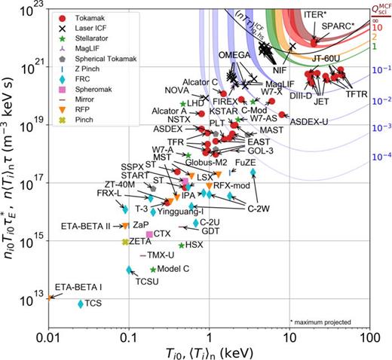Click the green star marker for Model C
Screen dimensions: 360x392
(153, 269)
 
